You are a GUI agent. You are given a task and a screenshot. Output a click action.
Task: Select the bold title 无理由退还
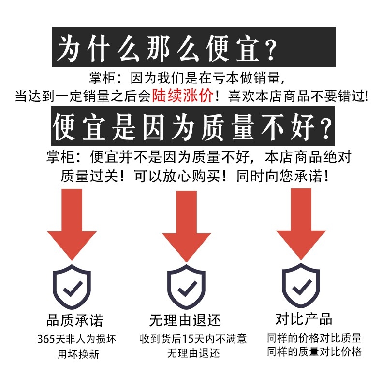[185, 320]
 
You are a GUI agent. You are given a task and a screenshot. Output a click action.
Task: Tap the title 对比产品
[304, 319]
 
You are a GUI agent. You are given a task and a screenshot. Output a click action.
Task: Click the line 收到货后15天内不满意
[193, 339]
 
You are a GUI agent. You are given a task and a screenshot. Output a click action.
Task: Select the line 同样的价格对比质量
[314, 338]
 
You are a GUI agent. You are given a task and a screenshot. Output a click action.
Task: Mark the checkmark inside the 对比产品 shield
[301, 288]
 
